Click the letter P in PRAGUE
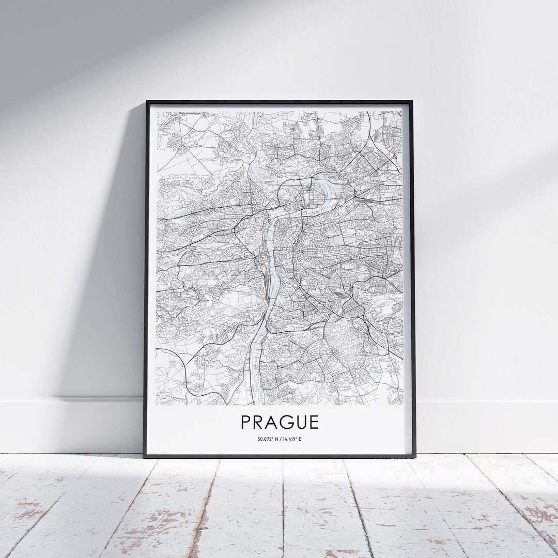coord(245,422)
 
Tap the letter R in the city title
coord(259,422)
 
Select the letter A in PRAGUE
coord(273,422)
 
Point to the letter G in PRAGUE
coord(288,422)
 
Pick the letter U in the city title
coord(302,422)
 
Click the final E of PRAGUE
coord(315,422)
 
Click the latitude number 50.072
coord(264,439)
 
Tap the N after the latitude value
coord(277,439)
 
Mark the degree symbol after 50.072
coord(272,438)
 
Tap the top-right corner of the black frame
coord(415,100)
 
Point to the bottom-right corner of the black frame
coord(415,457)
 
